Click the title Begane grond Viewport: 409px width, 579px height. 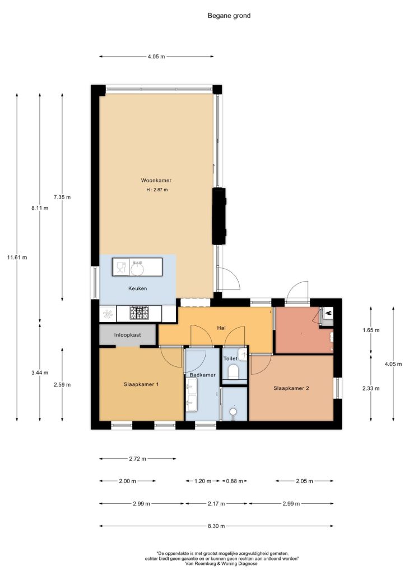click(229, 16)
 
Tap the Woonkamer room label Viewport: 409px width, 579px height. click(156, 180)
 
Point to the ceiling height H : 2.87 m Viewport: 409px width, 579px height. click(157, 190)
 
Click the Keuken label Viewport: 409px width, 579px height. click(138, 288)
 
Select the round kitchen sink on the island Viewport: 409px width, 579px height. click(137, 268)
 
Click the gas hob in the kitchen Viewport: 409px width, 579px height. click(140, 313)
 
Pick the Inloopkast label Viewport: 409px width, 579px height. click(127, 335)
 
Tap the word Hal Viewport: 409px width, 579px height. click(221, 328)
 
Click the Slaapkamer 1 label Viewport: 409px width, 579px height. click(141, 384)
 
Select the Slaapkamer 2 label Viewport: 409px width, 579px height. click(291, 388)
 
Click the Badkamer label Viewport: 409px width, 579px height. click(202, 375)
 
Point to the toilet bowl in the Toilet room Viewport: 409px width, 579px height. click(233, 371)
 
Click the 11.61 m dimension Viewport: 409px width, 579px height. click(17, 258)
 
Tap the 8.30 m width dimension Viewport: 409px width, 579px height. click(216, 526)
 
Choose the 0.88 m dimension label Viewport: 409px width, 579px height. click(235, 481)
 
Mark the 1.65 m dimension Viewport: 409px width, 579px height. click(371, 330)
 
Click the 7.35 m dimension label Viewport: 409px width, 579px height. click(62, 197)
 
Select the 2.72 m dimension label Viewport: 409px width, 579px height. click(138, 459)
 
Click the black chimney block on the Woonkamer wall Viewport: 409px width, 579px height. click(219, 216)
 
